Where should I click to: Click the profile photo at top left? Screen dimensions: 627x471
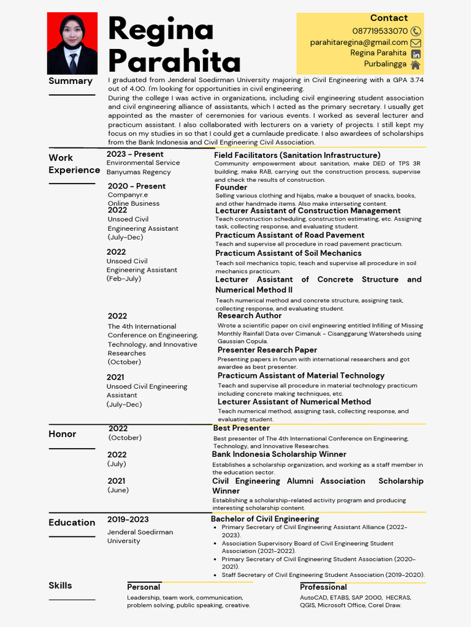pos(72,43)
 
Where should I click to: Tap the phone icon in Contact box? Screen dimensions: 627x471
pos(416,31)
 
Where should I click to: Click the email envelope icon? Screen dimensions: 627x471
pos(416,43)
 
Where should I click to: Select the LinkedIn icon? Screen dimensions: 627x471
pos(416,54)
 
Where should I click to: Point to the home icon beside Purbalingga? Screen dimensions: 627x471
pos(416,65)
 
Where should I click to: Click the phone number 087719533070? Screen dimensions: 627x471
pos(380,31)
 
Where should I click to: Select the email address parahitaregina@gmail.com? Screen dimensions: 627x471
pos(359,42)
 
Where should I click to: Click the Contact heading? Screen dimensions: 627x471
pos(388,18)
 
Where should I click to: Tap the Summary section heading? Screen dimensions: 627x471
pos(71,81)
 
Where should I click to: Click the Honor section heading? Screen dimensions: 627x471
pos(63,434)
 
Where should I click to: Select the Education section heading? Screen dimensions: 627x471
pos(72,522)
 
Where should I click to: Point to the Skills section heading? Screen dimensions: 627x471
pos(60,585)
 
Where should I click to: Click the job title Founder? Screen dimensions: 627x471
pos(231,187)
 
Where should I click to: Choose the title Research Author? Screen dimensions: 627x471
pos(250,315)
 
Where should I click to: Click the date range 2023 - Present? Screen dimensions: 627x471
pos(135,154)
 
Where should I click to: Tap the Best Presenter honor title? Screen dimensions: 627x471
pos(241,428)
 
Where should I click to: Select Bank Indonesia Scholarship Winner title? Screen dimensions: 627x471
pos(279,454)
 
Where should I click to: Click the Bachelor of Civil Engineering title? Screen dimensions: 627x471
pos(265,519)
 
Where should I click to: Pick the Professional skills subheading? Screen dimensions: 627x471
pos(323,587)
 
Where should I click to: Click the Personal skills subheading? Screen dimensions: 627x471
pos(144,587)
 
